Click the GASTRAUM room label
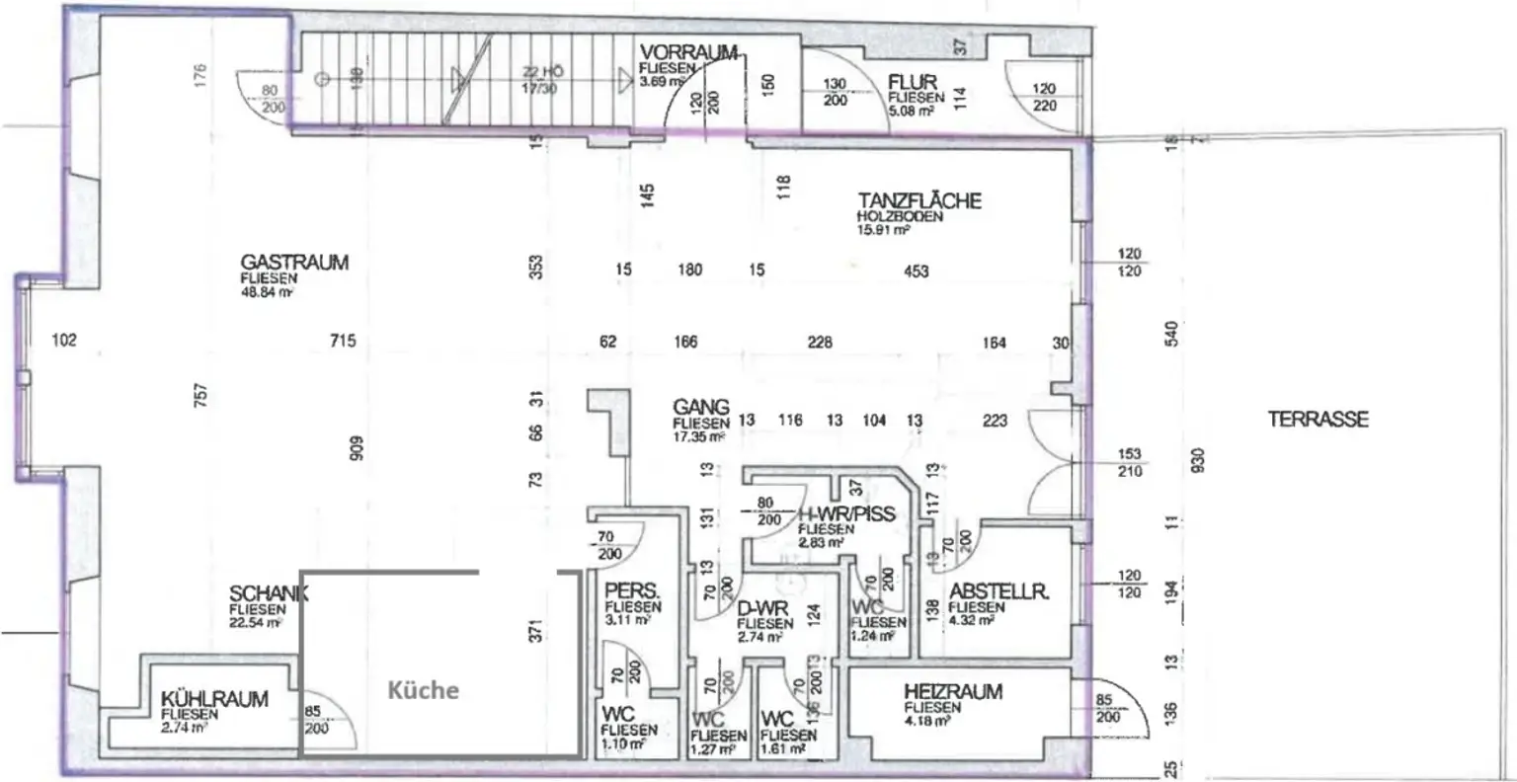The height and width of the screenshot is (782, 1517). [x=294, y=263]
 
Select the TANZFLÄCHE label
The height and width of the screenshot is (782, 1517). [x=918, y=200]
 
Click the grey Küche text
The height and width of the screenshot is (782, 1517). [x=423, y=689]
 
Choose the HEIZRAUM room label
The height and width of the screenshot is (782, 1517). [x=952, y=692]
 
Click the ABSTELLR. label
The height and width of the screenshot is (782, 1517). [x=998, y=592]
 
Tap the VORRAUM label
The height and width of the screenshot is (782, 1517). [x=689, y=53]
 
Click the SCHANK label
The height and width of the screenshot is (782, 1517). [x=269, y=593]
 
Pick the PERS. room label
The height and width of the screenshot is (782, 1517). [x=632, y=592]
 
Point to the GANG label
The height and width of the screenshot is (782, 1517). [x=701, y=407]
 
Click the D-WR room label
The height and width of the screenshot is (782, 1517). [x=762, y=609]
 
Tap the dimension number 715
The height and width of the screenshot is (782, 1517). [x=343, y=342]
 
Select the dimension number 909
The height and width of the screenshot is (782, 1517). [x=359, y=448]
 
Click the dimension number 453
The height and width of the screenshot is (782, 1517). [x=916, y=271]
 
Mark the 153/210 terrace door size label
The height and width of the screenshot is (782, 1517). [x=1130, y=463]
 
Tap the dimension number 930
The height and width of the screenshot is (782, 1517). [x=1199, y=460]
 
